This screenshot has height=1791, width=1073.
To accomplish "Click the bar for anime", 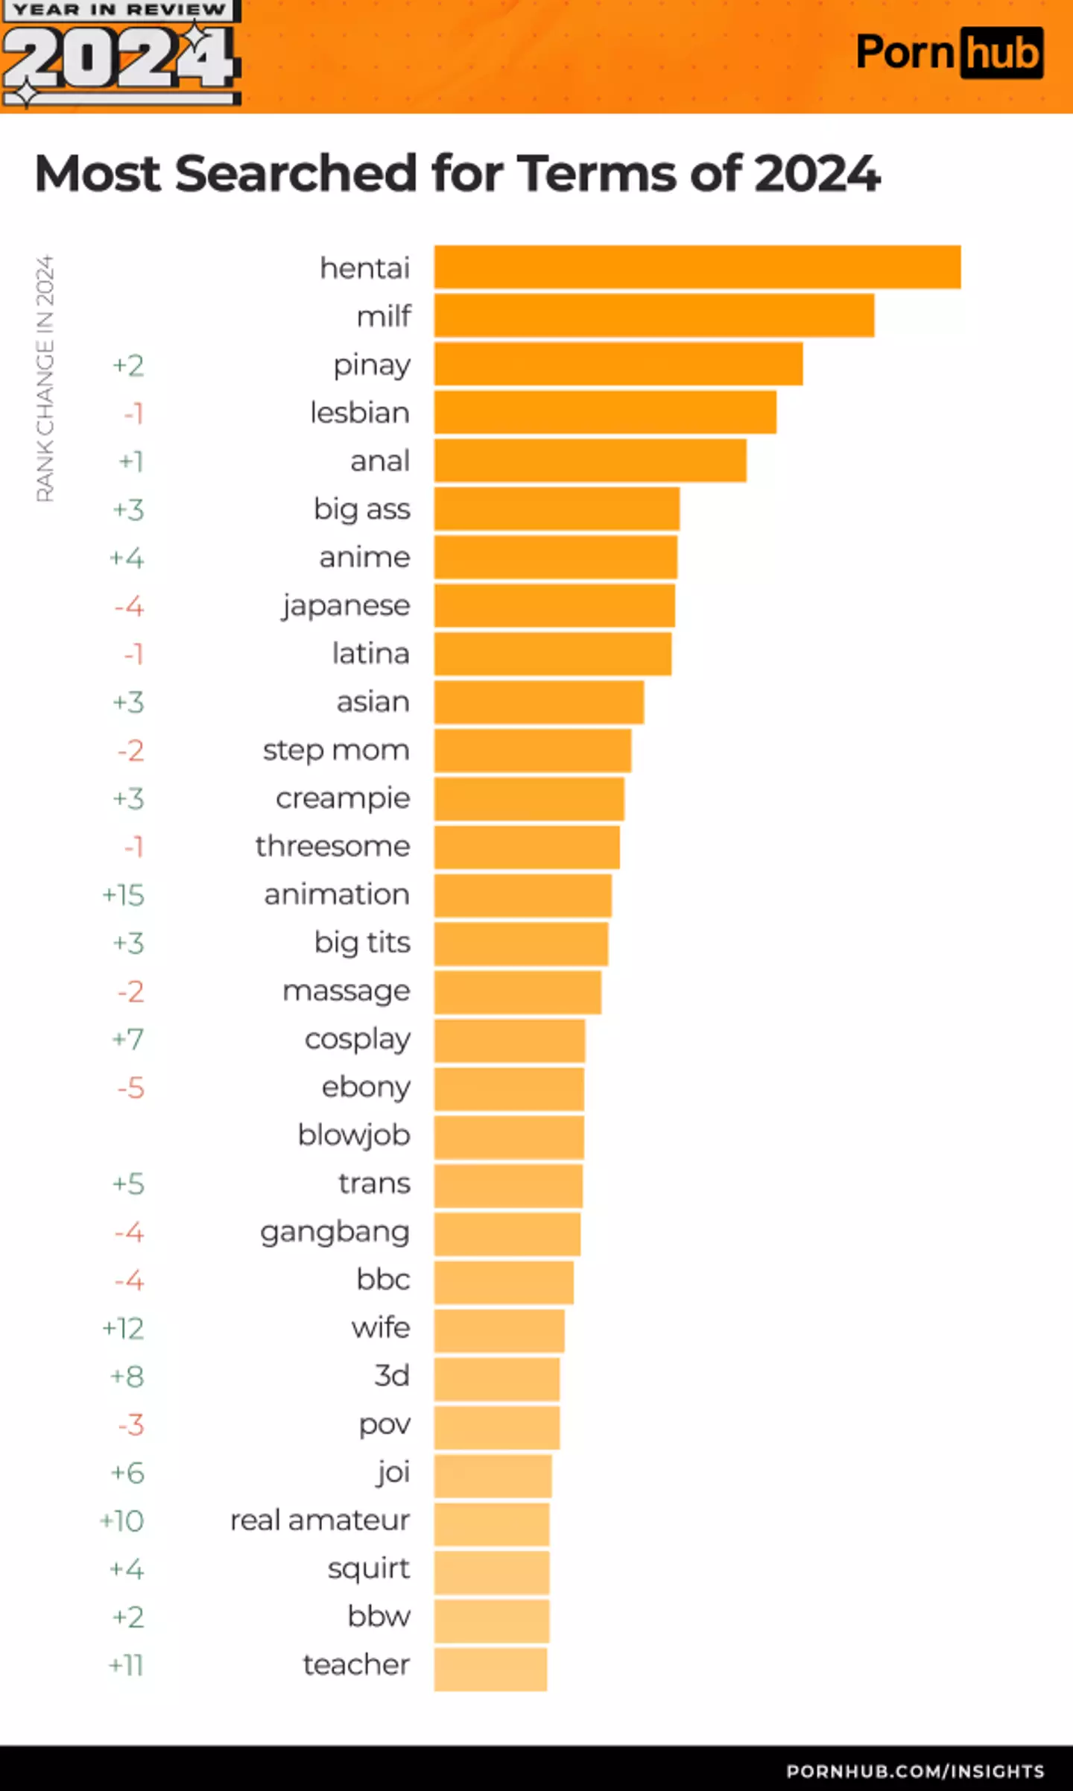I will (555, 557).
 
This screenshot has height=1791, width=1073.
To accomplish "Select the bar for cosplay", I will (509, 1040).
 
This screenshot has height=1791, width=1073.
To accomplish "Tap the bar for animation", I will (522, 895).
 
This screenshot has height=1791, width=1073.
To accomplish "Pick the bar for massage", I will (517, 992).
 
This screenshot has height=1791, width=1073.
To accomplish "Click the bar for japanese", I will (554, 606).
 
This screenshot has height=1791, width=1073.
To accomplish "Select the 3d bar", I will (496, 1377).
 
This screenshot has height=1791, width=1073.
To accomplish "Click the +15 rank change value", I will (124, 895).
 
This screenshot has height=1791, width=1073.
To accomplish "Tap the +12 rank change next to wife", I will (124, 1329).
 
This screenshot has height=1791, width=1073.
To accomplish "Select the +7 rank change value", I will (128, 1040).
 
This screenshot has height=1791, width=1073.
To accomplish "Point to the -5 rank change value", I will (130, 1088).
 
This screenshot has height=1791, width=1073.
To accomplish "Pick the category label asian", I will (373, 702).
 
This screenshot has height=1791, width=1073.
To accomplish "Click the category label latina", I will (370, 654).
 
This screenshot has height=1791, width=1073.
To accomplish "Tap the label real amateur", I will (320, 1521).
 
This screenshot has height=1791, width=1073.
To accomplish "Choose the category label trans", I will (374, 1184).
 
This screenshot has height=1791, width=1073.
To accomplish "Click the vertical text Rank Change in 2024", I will (45, 379).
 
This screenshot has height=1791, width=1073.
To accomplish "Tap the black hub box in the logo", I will (1001, 53).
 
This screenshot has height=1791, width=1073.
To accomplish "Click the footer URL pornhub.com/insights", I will (914, 1772).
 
